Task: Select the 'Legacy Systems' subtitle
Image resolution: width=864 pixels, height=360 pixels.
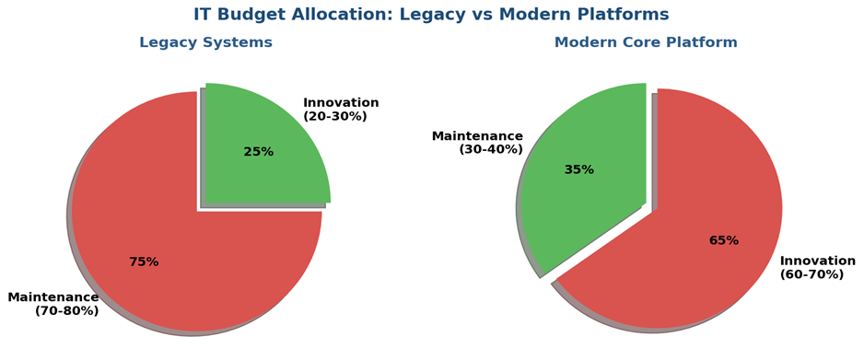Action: pyautogui.click(x=205, y=42)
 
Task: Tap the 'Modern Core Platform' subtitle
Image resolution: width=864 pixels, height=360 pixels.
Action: pyautogui.click(x=646, y=42)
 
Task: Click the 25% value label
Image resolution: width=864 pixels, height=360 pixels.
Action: pyautogui.click(x=259, y=152)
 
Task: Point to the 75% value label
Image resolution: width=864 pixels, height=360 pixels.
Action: pyautogui.click(x=144, y=262)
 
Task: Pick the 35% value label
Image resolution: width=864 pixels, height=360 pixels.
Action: pyautogui.click(x=579, y=170)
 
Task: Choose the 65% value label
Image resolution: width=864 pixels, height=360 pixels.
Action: pyautogui.click(x=724, y=240)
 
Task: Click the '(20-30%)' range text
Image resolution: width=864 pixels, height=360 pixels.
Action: pyautogui.click(x=335, y=117)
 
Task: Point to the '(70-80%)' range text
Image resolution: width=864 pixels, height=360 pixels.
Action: pyautogui.click(x=66, y=311)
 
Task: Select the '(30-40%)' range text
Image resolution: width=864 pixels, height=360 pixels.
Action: pyautogui.click(x=491, y=149)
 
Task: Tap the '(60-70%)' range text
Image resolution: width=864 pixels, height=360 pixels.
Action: pyautogui.click(x=811, y=274)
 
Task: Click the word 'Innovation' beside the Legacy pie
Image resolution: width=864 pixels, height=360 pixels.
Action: pyautogui.click(x=341, y=103)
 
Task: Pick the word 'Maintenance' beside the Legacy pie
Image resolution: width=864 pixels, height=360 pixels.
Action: pyautogui.click(x=53, y=297)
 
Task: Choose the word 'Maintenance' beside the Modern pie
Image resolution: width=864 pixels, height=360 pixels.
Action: pyautogui.click(x=477, y=136)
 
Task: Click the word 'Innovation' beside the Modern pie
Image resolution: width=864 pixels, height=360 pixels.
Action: pyautogui.click(x=818, y=261)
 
